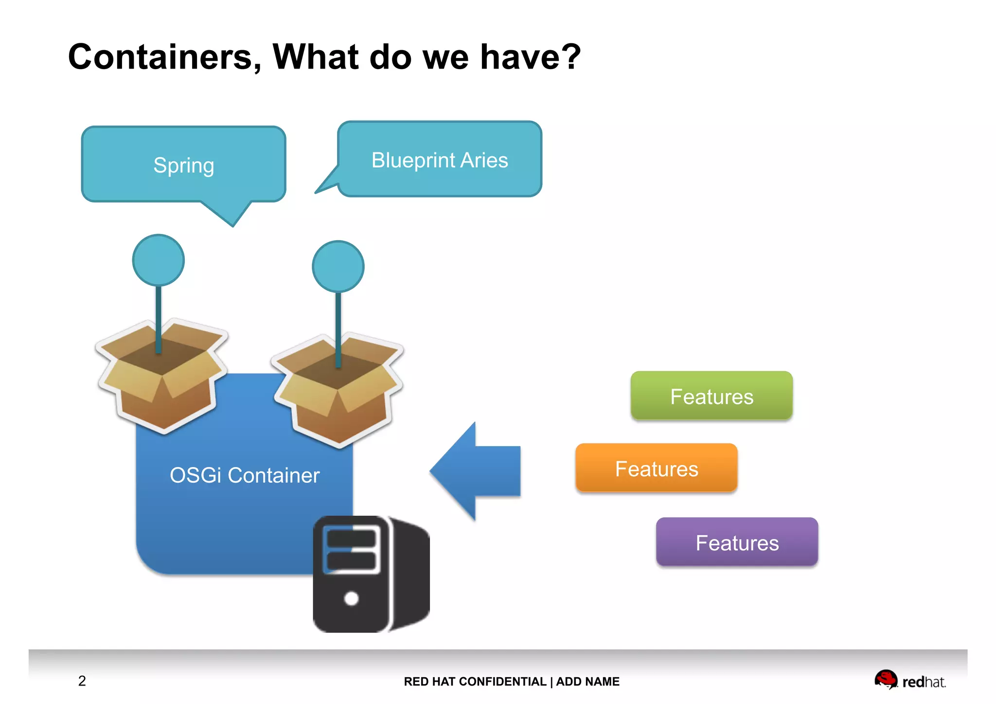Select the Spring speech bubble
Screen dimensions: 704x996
[183, 165]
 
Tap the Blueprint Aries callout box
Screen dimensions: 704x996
[440, 160]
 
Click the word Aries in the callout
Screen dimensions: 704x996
[484, 160]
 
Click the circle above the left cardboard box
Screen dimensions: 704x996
[159, 260]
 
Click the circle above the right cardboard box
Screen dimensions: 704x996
[338, 267]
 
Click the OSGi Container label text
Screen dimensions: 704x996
[245, 475]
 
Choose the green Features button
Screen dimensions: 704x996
[711, 396]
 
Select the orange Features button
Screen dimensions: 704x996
[657, 468]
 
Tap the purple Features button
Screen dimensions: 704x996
[737, 542]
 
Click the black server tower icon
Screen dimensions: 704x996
[371, 574]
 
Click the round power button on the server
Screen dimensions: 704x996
[351, 598]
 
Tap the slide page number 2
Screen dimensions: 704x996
[82, 681]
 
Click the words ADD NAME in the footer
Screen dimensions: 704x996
[587, 682]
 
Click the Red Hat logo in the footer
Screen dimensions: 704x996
[909, 680]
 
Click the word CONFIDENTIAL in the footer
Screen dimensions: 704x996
[502, 682]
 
